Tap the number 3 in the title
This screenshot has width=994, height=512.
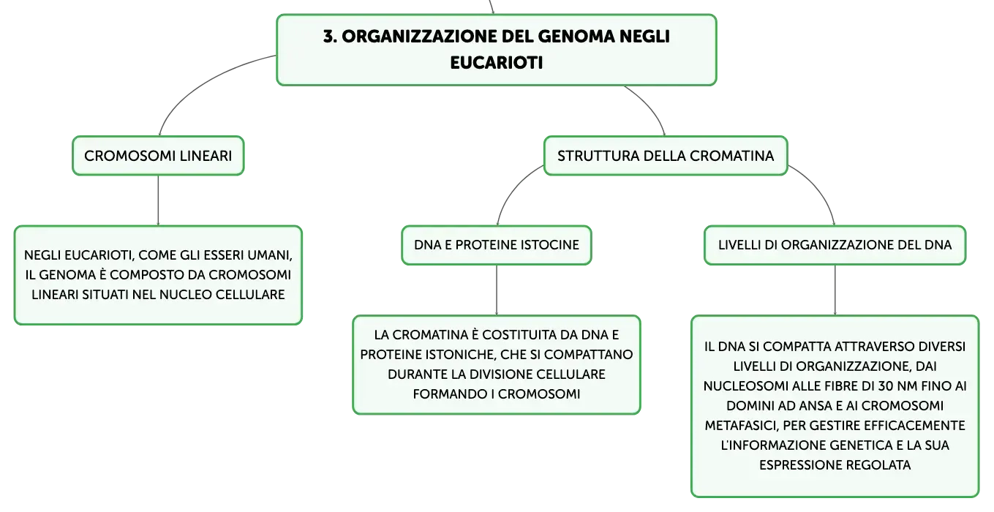(328, 37)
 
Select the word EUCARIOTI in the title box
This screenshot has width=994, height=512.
(497, 63)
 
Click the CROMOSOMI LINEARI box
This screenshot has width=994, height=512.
(159, 156)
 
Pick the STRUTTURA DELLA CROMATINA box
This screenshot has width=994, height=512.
(666, 156)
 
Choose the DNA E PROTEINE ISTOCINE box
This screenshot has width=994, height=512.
(497, 245)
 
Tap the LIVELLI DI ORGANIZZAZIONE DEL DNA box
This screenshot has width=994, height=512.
(835, 245)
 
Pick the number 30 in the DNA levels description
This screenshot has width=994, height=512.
(885, 386)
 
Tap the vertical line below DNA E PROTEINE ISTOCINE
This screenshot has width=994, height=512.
(497, 290)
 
